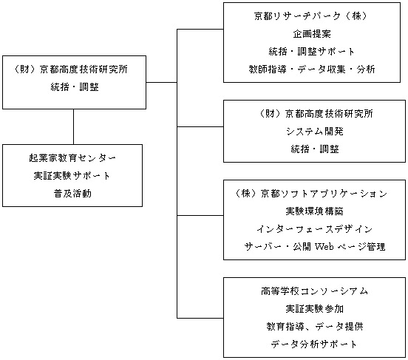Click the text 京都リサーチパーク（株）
click(x=311, y=16)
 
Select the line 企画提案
click(x=312, y=34)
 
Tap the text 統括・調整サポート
click(x=311, y=52)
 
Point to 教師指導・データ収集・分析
click(x=311, y=69)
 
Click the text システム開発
click(x=315, y=132)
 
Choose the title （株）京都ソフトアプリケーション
click(x=311, y=194)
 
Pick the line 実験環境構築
click(x=314, y=211)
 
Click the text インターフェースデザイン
click(x=314, y=229)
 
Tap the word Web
click(x=324, y=246)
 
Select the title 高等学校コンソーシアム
click(x=314, y=291)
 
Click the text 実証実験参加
click(x=314, y=309)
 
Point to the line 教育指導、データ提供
click(x=314, y=327)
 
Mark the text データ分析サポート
click(x=313, y=344)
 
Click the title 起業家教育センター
click(x=72, y=158)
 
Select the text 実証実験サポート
click(x=72, y=176)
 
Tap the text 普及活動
click(x=72, y=194)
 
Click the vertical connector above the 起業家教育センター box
click(x=73, y=126)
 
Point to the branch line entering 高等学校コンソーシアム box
click(x=200, y=318)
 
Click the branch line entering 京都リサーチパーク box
click(x=200, y=29)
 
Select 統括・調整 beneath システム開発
click(x=315, y=149)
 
